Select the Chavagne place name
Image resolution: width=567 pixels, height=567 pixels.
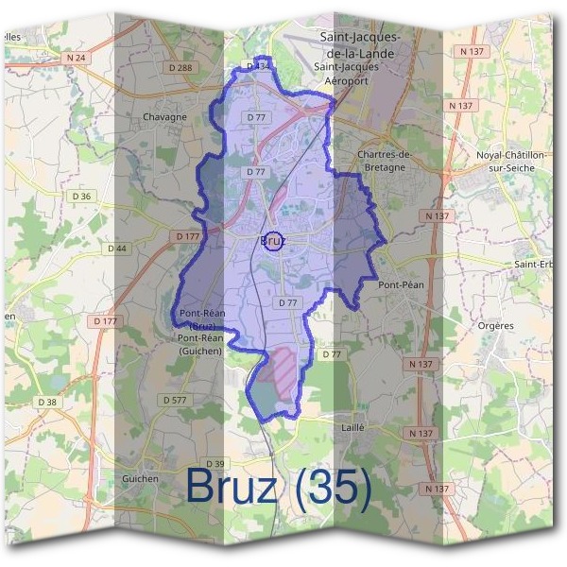(x=164, y=117)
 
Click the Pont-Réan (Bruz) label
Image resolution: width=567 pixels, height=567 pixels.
(x=199, y=320)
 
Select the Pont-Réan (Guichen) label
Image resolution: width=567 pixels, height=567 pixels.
(x=199, y=344)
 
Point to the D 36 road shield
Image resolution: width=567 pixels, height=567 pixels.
(x=82, y=197)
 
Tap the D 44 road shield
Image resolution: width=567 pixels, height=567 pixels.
(x=117, y=249)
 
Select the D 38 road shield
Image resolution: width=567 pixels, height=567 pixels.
(x=47, y=402)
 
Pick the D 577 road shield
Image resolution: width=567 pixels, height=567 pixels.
(x=175, y=401)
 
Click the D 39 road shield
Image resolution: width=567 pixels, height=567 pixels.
(x=215, y=463)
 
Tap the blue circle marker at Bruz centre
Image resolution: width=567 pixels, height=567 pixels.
(x=273, y=241)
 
